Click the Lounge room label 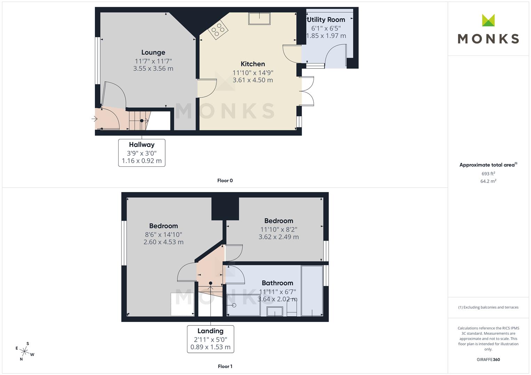[153, 52]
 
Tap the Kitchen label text [253, 64]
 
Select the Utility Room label [326, 20]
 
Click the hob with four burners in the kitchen [218, 30]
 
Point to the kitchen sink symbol [259, 18]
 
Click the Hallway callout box [142, 153]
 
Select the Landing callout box [210, 339]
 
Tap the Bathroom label [277, 283]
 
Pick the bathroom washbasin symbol [275, 311]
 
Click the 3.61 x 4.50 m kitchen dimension [253, 80]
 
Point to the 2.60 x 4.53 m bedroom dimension [163, 242]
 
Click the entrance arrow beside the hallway [94, 119]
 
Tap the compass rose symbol [25, 351]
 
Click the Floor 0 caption [225, 181]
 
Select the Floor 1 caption [225, 366]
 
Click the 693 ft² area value [488, 174]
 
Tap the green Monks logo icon [488, 20]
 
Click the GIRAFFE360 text [488, 360]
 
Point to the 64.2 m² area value [488, 181]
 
